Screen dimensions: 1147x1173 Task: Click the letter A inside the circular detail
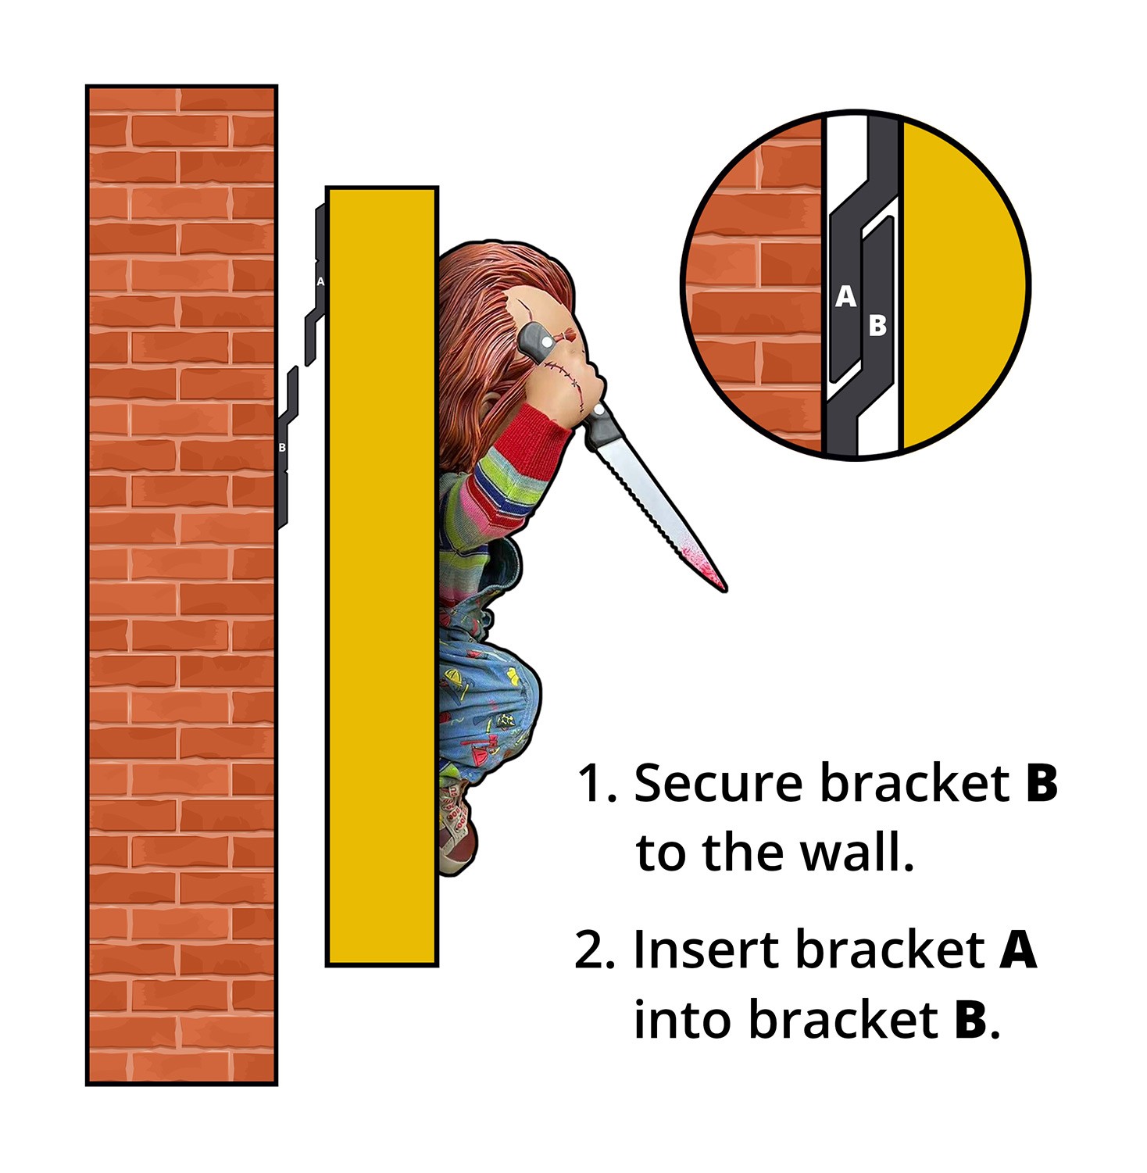(845, 297)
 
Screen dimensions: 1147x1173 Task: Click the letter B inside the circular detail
(877, 325)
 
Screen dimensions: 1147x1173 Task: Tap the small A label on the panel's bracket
(320, 281)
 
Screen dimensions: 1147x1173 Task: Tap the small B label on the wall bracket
(282, 448)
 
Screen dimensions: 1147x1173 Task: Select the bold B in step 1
(1042, 783)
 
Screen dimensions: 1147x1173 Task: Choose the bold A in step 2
(1019, 949)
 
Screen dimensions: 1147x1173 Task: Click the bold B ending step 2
(971, 1020)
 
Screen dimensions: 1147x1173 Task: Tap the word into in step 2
(683, 1020)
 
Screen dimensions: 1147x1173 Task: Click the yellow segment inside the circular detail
(964, 286)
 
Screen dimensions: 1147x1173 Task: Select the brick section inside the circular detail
(754, 286)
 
